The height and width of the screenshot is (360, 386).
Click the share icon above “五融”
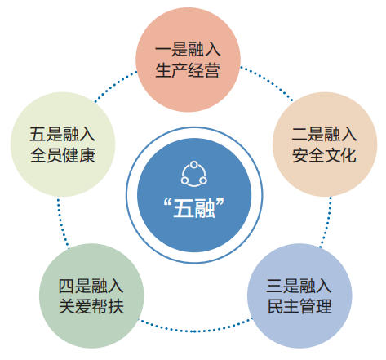click(x=193, y=174)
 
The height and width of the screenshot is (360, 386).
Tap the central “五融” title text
click(x=193, y=208)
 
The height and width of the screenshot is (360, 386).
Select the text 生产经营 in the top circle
click(x=188, y=70)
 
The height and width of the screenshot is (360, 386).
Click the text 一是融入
click(x=188, y=50)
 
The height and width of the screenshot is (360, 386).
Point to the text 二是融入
click(x=324, y=134)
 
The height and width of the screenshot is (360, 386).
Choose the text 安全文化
click(x=324, y=155)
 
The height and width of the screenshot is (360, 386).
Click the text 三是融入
click(x=299, y=286)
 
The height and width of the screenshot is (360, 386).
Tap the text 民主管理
click(x=299, y=307)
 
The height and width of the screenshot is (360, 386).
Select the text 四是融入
click(x=91, y=286)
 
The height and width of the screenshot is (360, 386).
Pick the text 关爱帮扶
click(x=91, y=307)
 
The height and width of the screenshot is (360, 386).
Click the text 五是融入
click(x=62, y=134)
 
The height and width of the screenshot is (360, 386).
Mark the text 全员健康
click(x=62, y=155)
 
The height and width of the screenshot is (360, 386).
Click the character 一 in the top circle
click(x=163, y=50)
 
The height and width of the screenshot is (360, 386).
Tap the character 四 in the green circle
click(x=66, y=286)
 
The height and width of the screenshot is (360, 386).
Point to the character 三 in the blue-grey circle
click(x=274, y=286)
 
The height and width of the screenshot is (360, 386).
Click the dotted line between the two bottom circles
click(x=195, y=331)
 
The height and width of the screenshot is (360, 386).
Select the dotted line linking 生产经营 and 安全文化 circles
click(x=268, y=81)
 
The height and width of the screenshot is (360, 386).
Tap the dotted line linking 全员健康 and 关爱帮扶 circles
click(x=62, y=224)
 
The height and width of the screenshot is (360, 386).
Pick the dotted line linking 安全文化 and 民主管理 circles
click(x=326, y=223)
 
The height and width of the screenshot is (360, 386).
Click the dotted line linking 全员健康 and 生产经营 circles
click(x=115, y=86)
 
